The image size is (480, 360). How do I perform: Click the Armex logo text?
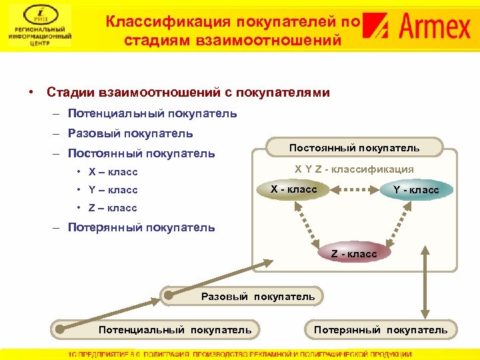pos(437,28)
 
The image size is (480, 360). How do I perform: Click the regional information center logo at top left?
pos(39,25)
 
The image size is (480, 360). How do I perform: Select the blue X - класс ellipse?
pos(293,190)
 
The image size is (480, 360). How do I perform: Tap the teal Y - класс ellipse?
pos(416,191)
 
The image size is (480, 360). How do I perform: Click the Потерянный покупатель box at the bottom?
pos(381,329)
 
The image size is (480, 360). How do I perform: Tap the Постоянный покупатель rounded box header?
pos(354,147)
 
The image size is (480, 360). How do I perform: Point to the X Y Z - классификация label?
pos(354,169)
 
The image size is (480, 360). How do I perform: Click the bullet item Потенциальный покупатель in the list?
pos(152,113)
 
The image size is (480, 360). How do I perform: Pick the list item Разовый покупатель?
pos(131,133)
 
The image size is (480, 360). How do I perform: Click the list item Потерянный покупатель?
pos(141,227)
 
